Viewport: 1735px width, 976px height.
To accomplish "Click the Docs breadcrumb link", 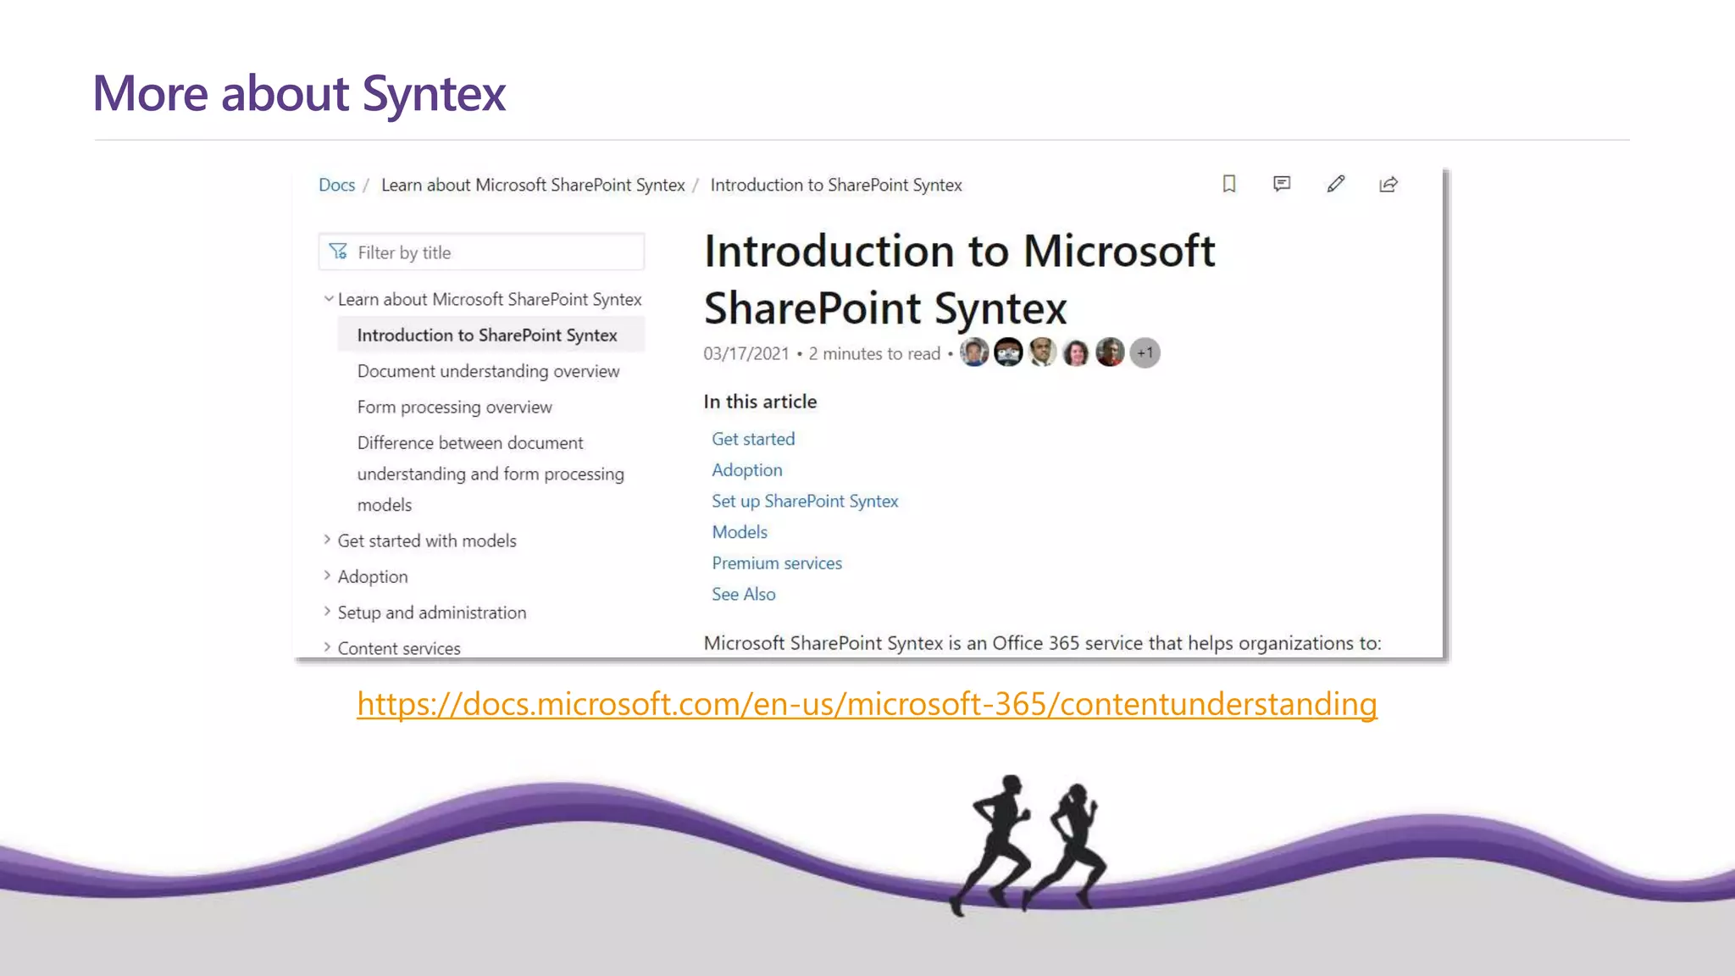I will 336,185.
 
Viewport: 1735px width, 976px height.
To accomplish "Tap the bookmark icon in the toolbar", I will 1228,184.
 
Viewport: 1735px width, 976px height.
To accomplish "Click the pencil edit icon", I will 1335,184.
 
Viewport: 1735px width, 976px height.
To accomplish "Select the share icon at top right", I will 1388,184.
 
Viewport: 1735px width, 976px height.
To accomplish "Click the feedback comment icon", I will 1282,184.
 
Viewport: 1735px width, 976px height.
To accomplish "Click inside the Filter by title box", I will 491,252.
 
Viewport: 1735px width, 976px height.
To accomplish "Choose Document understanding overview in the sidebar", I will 488,371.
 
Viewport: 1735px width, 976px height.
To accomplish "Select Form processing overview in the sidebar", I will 454,408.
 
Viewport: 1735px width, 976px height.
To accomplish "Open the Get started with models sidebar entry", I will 426,541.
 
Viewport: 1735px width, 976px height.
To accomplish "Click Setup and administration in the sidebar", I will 431,613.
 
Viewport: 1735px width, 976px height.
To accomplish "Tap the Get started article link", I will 753,439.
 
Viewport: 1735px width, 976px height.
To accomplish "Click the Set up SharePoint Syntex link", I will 805,501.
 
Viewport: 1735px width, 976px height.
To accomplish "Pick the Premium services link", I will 777,563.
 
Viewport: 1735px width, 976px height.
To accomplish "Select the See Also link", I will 743,594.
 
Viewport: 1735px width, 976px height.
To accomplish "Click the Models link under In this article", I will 740,532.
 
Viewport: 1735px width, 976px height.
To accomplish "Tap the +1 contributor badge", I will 1145,352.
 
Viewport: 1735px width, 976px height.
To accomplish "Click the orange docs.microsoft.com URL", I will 867,704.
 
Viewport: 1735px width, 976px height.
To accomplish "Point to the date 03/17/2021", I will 746,353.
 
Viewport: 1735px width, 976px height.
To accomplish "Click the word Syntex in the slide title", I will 434,93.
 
